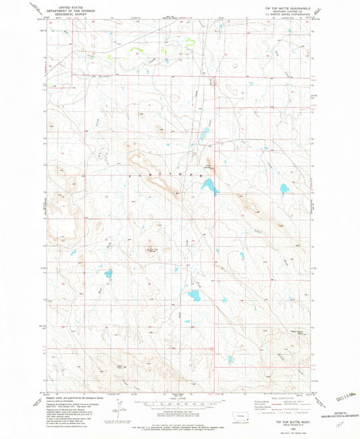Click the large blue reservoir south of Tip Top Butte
[195, 295]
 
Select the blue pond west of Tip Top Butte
[106, 274]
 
